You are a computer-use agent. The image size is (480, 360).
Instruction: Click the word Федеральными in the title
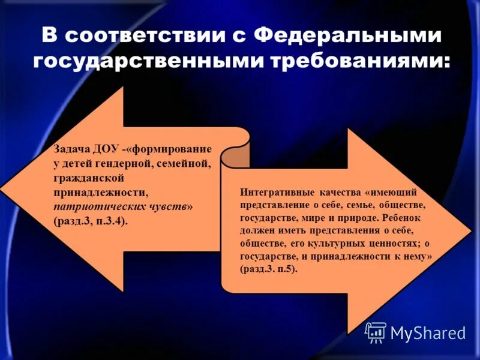click(347, 35)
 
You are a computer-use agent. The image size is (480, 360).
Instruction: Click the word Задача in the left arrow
click(71, 149)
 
